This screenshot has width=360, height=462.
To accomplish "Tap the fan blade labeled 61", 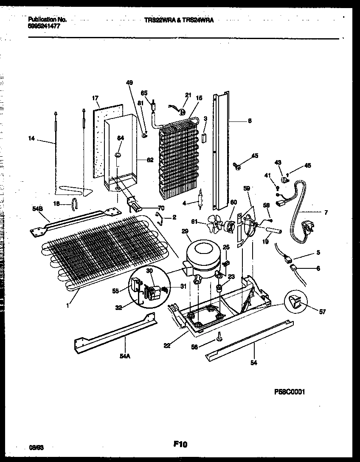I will click(x=216, y=222).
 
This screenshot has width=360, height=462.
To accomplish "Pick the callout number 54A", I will click(x=124, y=356).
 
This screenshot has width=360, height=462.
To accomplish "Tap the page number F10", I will click(x=180, y=444).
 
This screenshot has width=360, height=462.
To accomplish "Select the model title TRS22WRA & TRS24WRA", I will click(x=178, y=20).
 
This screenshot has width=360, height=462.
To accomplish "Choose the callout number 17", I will click(x=95, y=98).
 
